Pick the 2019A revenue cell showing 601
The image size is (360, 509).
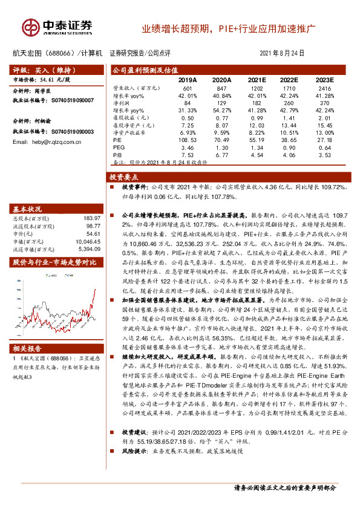point(187,89)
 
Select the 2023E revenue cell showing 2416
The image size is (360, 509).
point(325,89)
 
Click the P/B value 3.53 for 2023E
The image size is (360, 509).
point(325,155)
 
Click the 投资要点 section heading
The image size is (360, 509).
point(124,177)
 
